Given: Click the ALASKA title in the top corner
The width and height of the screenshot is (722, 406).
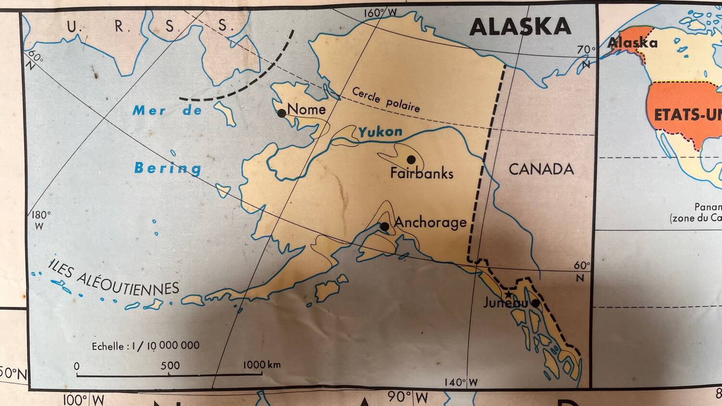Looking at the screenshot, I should pyautogui.click(x=520, y=26).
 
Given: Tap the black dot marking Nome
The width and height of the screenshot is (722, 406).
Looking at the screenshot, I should pyautogui.click(x=282, y=113).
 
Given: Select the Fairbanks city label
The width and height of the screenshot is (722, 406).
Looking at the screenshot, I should pyautogui.click(x=422, y=173).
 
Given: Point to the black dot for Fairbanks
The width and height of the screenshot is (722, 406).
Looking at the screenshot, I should pyautogui.click(x=411, y=159).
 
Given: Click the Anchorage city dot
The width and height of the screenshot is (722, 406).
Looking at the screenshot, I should pyautogui.click(x=385, y=226).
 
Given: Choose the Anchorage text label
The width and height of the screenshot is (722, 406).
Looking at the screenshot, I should pyautogui.click(x=430, y=222).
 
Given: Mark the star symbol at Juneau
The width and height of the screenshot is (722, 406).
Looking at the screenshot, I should pyautogui.click(x=508, y=294).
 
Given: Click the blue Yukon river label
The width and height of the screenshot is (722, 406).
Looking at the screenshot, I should pyautogui.click(x=380, y=131).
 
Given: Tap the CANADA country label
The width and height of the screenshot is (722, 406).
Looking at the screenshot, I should pyautogui.click(x=541, y=169).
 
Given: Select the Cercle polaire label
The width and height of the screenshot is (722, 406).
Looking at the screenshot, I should pyautogui.click(x=386, y=100).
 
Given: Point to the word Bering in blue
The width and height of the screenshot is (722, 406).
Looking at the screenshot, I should pyautogui.click(x=168, y=168).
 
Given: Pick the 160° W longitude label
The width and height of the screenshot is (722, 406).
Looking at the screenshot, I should pyautogui.click(x=380, y=13).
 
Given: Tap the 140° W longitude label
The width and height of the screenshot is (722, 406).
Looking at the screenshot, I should pyautogui.click(x=461, y=382).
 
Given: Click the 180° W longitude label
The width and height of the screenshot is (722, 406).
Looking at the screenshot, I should pyautogui.click(x=41, y=220).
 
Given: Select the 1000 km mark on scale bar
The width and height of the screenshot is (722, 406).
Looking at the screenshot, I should pyautogui.click(x=261, y=365).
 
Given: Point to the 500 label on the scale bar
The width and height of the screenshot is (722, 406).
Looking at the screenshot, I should pyautogui.click(x=170, y=366).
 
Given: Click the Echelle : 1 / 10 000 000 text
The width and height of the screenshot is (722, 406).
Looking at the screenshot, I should pyautogui.click(x=145, y=346).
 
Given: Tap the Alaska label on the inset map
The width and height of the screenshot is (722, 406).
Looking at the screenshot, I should pyautogui.click(x=632, y=43).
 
